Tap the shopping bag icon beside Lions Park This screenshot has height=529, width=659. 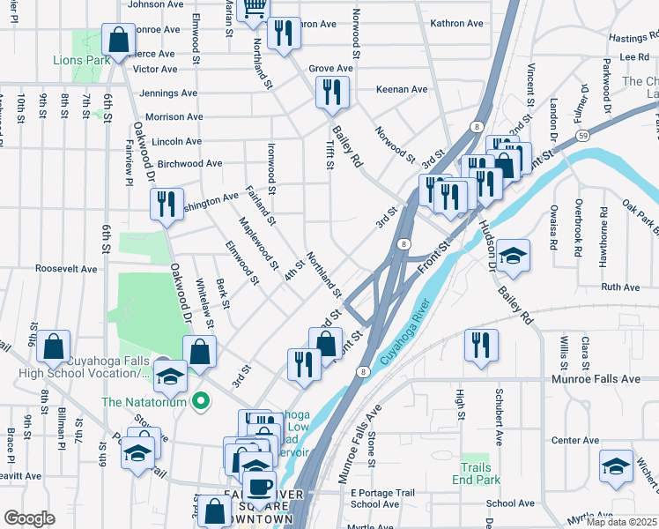coord(117,40)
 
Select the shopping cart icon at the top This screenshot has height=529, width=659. coord(254,8)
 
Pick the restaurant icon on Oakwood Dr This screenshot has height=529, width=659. coord(167,204)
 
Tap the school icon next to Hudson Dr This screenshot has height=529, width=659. coord(513,256)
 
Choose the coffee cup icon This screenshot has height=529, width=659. coord(258,486)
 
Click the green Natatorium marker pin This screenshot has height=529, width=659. coord(201,402)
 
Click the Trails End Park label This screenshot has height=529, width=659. coord(480,473)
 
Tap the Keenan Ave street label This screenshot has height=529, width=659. coord(402,89)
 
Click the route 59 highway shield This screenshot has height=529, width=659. coord(583,136)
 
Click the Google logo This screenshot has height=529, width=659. coord(29,518)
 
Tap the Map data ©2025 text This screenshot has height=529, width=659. coord(622,522)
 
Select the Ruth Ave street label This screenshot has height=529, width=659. coord(619,287)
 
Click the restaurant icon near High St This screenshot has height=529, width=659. coord(481,345)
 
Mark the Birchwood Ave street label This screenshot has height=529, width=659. coord(189,163)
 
